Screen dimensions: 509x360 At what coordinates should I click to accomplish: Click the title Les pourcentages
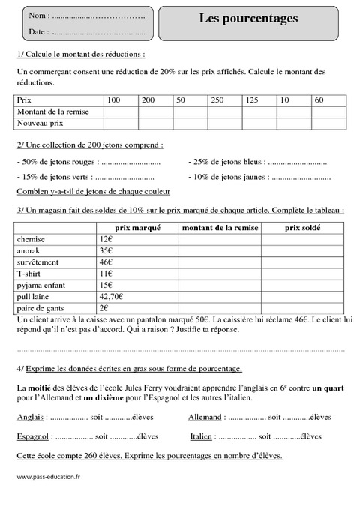click(248, 18)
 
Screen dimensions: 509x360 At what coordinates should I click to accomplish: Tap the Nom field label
click(38, 16)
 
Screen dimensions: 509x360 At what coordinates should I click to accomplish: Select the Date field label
click(38, 32)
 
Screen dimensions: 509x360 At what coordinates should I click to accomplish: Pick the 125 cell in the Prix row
click(252, 100)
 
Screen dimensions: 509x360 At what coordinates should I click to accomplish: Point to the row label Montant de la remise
click(52, 111)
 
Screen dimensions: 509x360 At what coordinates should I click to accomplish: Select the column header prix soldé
click(301, 228)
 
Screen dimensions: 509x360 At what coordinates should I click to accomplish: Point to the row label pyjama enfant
click(42, 285)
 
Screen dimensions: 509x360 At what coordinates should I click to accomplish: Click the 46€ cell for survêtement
click(106, 262)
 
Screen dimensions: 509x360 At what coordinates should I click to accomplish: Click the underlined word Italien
click(201, 436)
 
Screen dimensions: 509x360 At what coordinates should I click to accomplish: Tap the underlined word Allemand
click(205, 417)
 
